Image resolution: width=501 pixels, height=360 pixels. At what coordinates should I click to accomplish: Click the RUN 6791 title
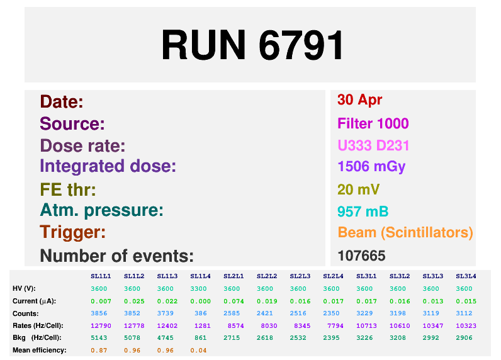click(x=252, y=45)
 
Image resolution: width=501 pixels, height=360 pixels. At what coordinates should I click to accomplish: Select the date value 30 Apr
click(x=359, y=100)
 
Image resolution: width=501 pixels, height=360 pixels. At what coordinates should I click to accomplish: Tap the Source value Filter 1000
click(x=373, y=123)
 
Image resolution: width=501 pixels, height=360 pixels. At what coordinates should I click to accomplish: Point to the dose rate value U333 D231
click(x=373, y=145)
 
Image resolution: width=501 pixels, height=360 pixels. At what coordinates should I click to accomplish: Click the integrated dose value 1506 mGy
click(x=371, y=167)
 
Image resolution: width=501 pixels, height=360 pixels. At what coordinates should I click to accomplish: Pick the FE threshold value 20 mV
click(x=359, y=189)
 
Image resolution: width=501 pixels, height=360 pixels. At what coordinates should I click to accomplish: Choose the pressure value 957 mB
click(x=363, y=211)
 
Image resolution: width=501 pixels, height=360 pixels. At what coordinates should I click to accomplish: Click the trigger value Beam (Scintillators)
click(x=405, y=232)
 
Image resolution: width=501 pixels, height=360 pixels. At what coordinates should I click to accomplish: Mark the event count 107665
click(x=361, y=256)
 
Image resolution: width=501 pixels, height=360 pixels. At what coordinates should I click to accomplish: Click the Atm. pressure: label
click(x=101, y=210)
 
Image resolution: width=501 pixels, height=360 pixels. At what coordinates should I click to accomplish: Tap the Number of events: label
click(x=116, y=256)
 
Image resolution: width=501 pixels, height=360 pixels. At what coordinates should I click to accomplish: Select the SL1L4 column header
click(x=200, y=276)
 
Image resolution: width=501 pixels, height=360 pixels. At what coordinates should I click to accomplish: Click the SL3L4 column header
click(x=466, y=276)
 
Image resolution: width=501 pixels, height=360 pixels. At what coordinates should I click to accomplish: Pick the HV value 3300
click(x=198, y=289)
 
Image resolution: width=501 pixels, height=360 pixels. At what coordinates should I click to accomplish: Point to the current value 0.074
click(x=234, y=301)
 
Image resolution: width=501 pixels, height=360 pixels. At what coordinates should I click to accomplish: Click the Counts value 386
click(x=201, y=313)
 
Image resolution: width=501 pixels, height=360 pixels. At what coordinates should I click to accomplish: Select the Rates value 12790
click(x=101, y=326)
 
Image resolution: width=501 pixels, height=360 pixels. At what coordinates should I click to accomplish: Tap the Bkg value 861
click(x=201, y=338)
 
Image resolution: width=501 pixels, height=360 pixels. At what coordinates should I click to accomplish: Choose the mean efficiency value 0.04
click(x=198, y=351)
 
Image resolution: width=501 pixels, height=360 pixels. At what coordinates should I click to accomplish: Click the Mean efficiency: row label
click(x=40, y=351)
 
